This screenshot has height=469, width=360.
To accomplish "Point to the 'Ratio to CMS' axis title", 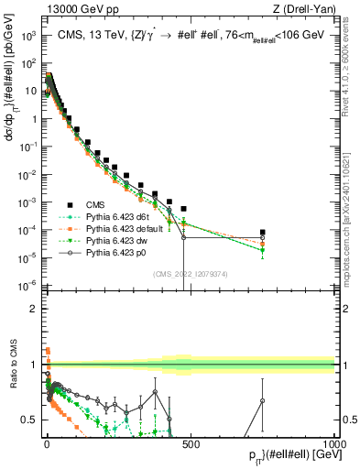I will point(12,364).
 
